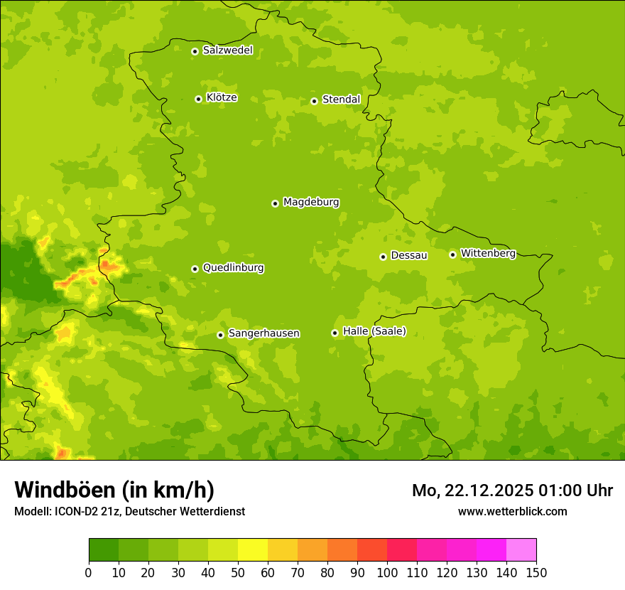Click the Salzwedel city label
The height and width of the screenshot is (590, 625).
pyautogui.click(x=227, y=50)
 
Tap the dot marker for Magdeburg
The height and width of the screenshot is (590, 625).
pyautogui.click(x=275, y=203)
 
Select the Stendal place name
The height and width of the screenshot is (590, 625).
pyautogui.click(x=341, y=100)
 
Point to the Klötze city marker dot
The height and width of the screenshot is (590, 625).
pyautogui.click(x=198, y=99)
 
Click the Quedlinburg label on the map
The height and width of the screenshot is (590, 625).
pyautogui.click(x=233, y=268)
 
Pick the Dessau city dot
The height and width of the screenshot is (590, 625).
pyautogui.click(x=383, y=257)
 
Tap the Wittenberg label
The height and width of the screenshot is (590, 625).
pyautogui.click(x=488, y=253)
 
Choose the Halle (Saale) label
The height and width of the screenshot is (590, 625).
pyautogui.click(x=374, y=331)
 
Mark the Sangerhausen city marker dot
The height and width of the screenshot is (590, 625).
pyautogui.click(x=220, y=335)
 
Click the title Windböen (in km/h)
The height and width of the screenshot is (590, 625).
pyautogui.click(x=114, y=490)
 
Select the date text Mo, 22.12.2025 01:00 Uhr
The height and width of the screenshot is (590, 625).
pyautogui.click(x=512, y=490)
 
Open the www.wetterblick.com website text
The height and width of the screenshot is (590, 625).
pyautogui.click(x=512, y=511)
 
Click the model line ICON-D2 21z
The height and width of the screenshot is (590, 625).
pyautogui.click(x=129, y=511)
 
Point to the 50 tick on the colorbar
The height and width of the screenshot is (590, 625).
pyautogui.click(x=238, y=573)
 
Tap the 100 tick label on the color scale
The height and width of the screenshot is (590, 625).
pyautogui.click(x=387, y=573)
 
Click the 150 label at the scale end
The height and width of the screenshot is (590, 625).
pyautogui.click(x=536, y=573)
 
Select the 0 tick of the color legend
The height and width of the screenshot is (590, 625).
pyautogui.click(x=89, y=573)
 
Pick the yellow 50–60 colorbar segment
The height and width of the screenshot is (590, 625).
pyautogui.click(x=253, y=550)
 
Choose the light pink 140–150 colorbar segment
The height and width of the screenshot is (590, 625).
pyautogui.click(x=521, y=550)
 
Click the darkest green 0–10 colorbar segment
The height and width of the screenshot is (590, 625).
pyautogui.click(x=104, y=550)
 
